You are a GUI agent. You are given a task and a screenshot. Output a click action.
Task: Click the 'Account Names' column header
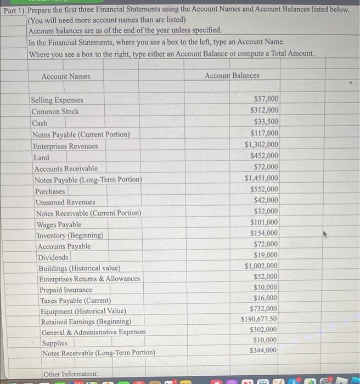pos(66,76)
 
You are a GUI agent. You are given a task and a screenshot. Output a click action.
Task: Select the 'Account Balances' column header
pos(232,75)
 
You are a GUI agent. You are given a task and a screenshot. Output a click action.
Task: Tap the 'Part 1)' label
pos(13,10)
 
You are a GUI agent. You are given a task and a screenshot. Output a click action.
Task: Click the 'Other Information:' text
pos(70,374)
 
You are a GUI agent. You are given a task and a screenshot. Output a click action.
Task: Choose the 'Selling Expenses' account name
pos(57,100)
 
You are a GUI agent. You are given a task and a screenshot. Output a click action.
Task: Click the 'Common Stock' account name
pos(55,111)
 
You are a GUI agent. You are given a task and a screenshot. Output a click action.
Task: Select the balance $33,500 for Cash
pos(266,122)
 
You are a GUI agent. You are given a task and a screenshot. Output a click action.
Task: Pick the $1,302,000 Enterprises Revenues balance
pos(261,145)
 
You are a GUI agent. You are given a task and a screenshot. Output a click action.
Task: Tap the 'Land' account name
pos(41,157)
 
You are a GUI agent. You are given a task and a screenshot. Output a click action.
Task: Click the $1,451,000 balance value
pos(261,178)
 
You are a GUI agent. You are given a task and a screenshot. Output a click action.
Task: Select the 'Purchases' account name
pos(50,191)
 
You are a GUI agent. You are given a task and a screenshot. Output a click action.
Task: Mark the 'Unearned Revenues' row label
pos(65,202)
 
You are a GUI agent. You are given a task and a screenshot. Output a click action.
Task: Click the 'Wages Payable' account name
pos(59,224)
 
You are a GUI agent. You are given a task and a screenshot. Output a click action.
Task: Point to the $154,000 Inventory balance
pos(264,233)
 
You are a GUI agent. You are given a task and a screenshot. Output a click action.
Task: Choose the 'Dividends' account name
pos(53,257)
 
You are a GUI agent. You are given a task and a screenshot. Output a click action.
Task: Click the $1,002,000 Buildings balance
pos(261,266)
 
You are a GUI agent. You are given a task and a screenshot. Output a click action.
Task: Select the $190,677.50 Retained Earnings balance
pos(259,319)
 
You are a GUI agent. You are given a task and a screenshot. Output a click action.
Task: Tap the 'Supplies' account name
pos(55,343)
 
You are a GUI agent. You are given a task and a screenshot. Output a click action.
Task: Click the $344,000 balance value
pos(263,350)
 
